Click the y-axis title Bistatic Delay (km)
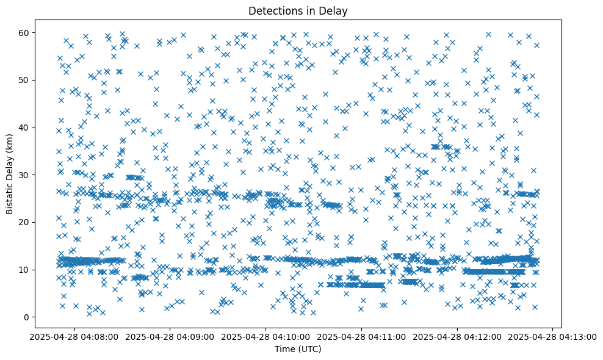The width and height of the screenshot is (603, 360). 10,174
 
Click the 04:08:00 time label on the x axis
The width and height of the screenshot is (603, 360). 74,336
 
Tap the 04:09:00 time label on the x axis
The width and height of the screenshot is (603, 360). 170,336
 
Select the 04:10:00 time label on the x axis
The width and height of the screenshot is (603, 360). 265,336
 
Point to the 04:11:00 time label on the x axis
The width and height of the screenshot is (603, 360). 361,336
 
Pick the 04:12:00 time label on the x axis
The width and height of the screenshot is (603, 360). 457,336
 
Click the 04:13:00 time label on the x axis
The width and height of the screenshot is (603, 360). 553,336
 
